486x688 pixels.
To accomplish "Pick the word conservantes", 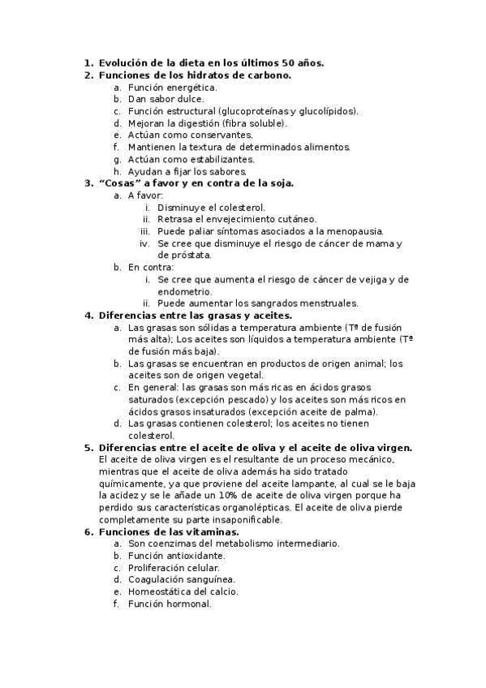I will [x=221, y=135].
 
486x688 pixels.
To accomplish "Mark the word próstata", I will [x=198, y=256].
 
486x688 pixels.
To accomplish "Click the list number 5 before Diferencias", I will [x=88, y=447].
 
